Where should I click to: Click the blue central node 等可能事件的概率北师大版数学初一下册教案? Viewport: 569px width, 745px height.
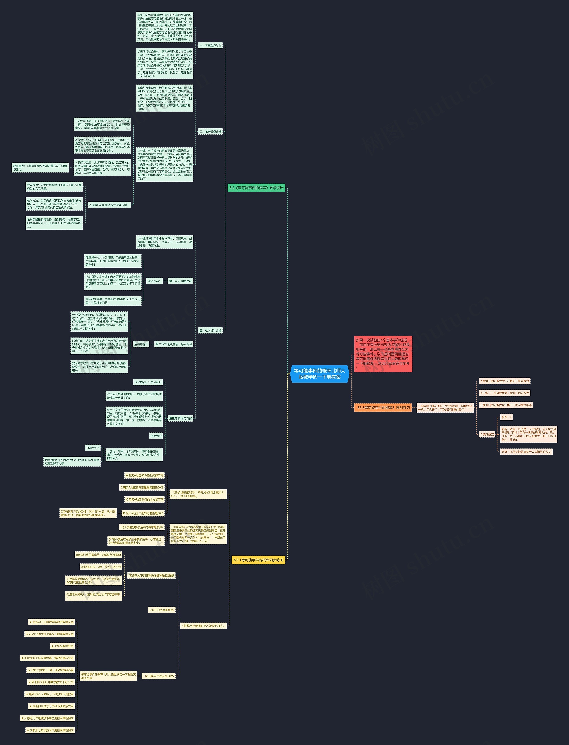[x=319, y=374]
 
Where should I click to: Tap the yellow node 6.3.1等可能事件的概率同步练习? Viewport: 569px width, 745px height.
[x=258, y=560]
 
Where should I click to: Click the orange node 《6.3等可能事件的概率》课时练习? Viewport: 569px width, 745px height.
[x=383, y=408]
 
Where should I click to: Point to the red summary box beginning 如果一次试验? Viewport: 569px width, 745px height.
[x=383, y=354]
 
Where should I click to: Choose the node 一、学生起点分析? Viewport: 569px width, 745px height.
[x=210, y=45]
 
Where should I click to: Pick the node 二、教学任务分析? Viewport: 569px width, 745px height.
[x=210, y=132]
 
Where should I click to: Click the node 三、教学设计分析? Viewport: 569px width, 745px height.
[x=210, y=330]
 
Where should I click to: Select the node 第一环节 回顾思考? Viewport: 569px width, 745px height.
[x=180, y=281]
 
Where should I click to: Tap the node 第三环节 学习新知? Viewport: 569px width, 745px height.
[x=180, y=419]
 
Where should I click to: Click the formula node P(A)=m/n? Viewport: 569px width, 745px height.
[x=93, y=448]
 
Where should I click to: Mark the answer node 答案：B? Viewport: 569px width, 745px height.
[x=506, y=417]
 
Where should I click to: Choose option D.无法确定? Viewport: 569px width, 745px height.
[x=487, y=434]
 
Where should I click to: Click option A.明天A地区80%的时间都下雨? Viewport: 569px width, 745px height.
[x=145, y=475]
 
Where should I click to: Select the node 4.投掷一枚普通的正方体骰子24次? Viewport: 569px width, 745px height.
[x=203, y=626]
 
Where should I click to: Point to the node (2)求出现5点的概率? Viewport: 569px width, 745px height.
[x=162, y=610]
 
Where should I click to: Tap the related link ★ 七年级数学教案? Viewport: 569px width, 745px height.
[x=62, y=646]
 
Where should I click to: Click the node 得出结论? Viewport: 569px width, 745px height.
[x=156, y=436]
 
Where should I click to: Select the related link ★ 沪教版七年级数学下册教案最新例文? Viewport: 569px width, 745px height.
[x=50, y=730]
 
